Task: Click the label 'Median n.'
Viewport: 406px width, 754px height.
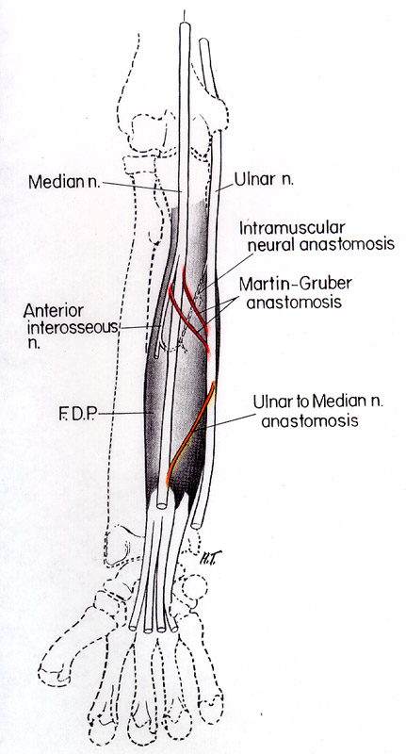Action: point(64,182)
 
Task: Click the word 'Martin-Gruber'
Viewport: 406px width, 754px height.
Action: point(295,283)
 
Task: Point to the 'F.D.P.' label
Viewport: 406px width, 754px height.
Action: point(78,415)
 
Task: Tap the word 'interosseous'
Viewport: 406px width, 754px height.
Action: point(72,328)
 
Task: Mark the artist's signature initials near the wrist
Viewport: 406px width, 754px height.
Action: point(204,559)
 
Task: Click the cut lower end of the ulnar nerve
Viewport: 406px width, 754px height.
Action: point(196,524)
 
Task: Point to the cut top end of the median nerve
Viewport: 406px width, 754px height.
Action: point(185,26)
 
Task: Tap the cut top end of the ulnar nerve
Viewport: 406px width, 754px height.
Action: point(204,41)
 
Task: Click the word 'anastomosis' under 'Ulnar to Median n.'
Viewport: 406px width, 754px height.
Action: point(310,420)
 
